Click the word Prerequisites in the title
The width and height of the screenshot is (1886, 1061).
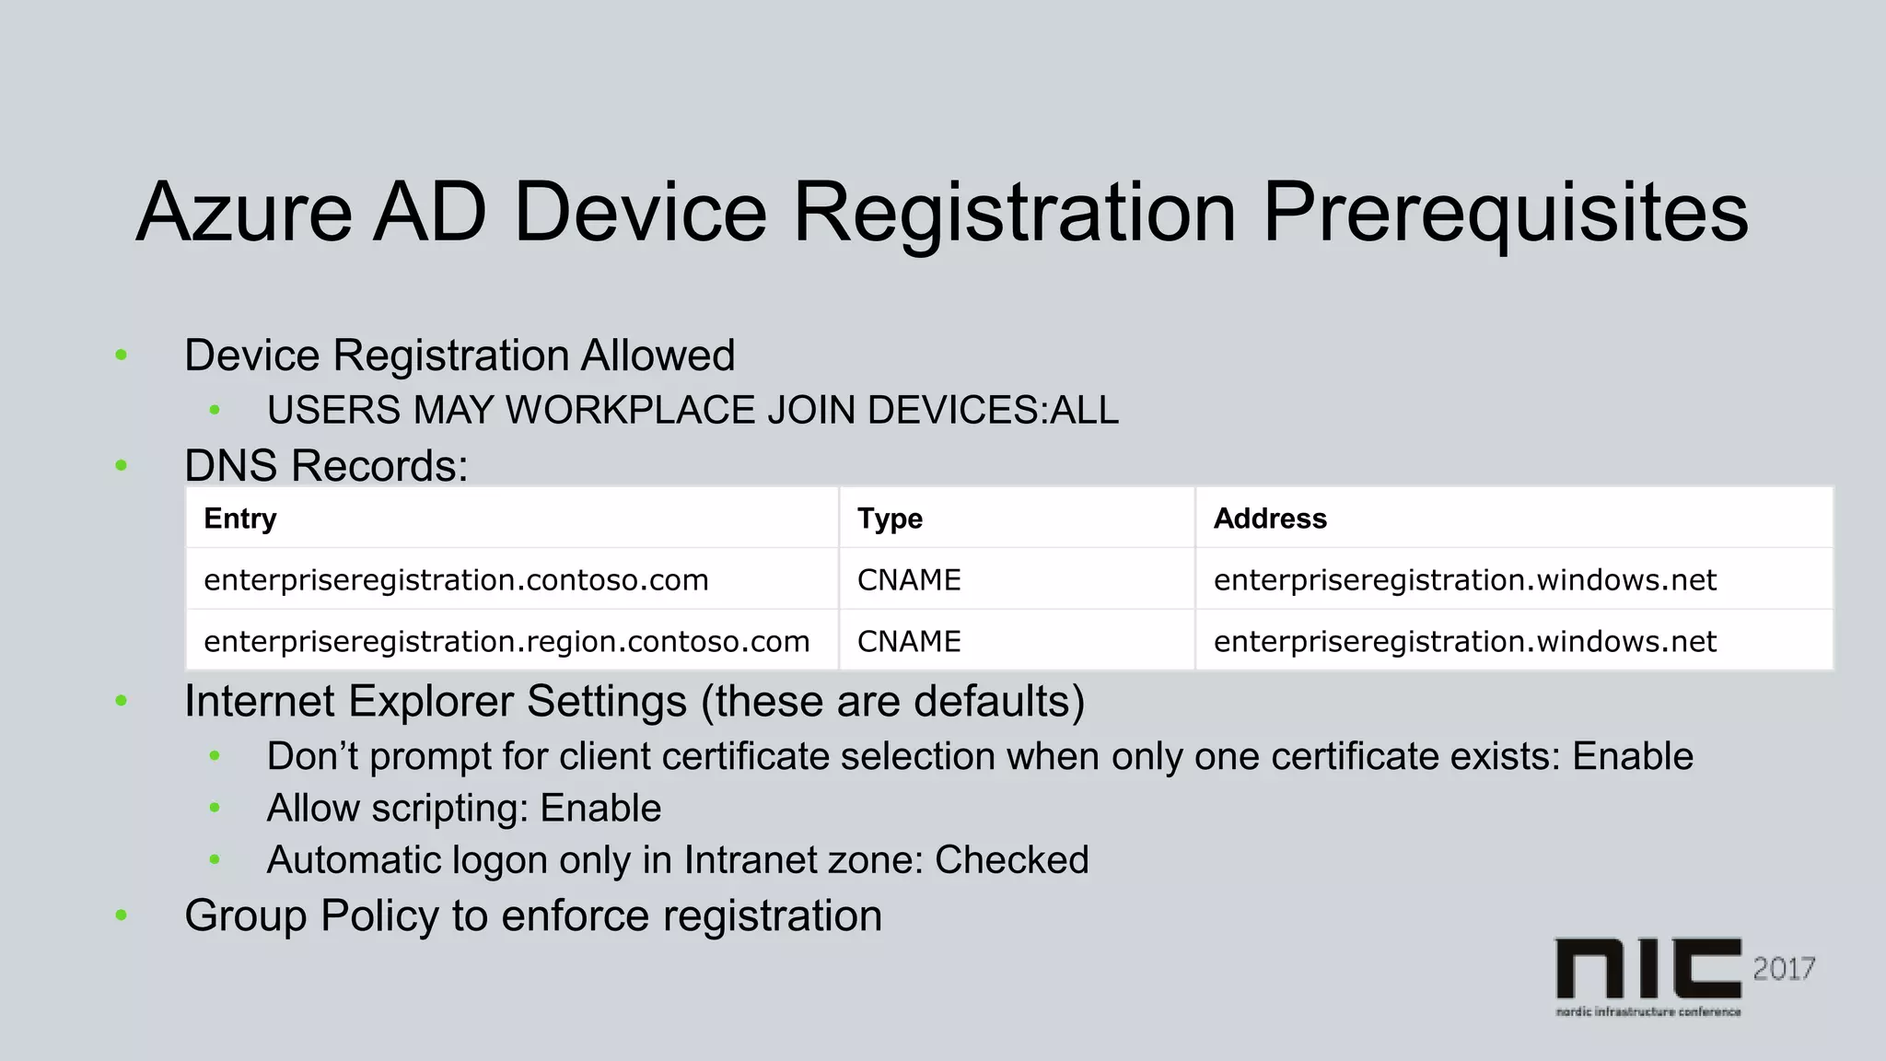tap(1504, 214)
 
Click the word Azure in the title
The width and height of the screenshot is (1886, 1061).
tap(244, 214)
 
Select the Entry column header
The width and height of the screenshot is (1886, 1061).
tap(239, 519)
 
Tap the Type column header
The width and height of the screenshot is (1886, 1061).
tap(890, 519)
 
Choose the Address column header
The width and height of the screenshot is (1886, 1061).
tap(1270, 519)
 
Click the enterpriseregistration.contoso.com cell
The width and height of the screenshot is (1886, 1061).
tap(456, 580)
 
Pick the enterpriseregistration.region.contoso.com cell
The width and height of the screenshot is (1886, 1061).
tap(506, 642)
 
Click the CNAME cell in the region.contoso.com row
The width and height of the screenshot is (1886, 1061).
tap(909, 642)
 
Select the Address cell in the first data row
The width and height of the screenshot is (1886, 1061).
tap(1464, 580)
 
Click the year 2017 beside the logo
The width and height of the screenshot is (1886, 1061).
tap(1784, 969)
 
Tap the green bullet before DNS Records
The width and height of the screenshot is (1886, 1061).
tap(121, 466)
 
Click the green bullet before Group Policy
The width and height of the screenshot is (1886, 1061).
tap(121, 915)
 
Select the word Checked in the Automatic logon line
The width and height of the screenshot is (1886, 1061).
tap(1011, 860)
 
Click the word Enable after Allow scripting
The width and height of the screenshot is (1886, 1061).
tap(600, 809)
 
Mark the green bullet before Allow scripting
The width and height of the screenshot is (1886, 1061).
tap(215, 809)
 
